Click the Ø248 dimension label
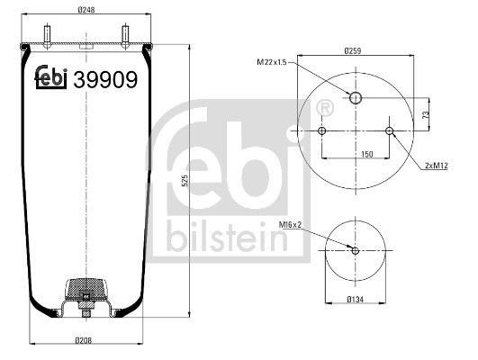tap(86, 10)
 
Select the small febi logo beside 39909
tap(53, 80)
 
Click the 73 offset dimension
tap(424, 115)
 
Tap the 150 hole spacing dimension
tap(355, 154)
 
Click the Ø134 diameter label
tap(356, 300)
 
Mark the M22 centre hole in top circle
tap(356, 98)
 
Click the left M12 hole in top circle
tap(322, 132)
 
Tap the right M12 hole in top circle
tap(389, 132)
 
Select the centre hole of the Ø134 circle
tap(356, 251)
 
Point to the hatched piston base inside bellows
tap(86, 292)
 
